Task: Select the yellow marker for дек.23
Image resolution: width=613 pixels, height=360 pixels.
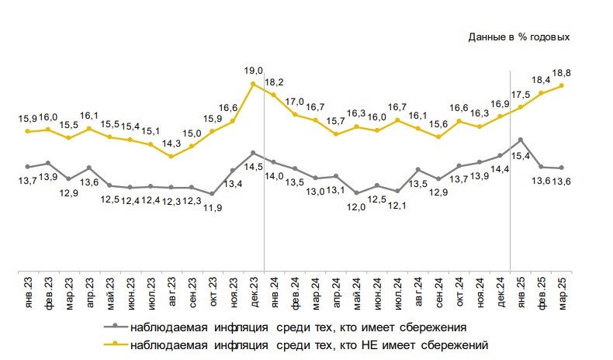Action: (x=254, y=83)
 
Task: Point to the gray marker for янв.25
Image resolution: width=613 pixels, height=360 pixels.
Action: (x=520, y=140)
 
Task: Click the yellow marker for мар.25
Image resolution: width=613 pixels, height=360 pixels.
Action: (x=561, y=85)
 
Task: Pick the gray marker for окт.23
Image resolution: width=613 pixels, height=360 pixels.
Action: (x=212, y=194)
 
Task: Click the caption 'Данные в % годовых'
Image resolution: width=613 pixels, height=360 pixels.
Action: (x=519, y=36)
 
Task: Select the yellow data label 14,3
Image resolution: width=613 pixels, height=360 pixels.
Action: (x=171, y=143)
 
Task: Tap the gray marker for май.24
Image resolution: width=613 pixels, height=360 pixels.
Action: (x=356, y=192)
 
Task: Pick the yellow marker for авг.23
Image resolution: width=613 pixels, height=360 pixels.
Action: (x=171, y=157)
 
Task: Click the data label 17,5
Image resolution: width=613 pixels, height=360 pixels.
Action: (x=517, y=95)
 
